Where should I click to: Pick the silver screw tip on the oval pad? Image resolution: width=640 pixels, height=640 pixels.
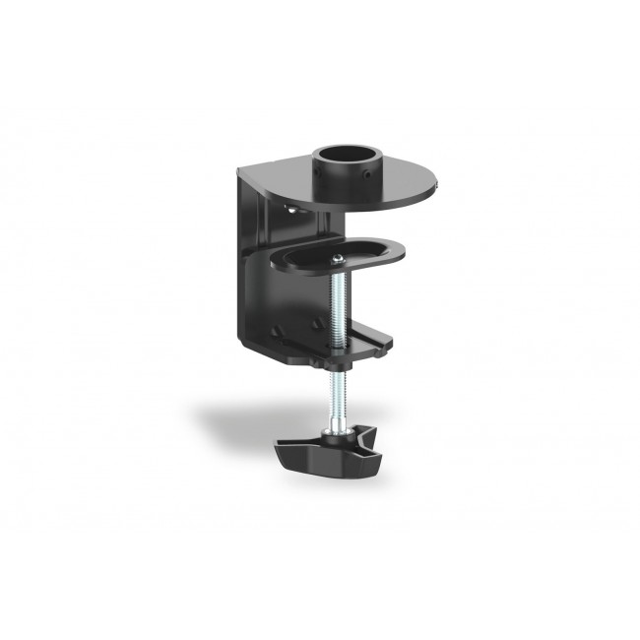click(337, 257)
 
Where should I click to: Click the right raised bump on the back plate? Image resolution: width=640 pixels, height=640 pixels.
click(315, 324)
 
